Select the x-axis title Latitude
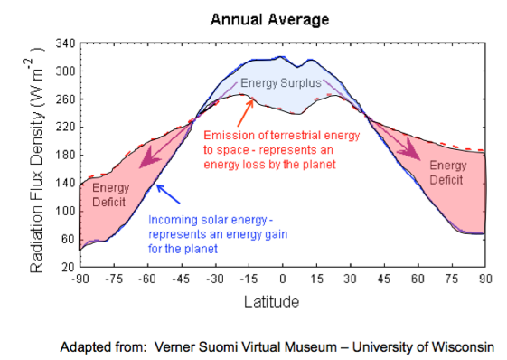(282, 300)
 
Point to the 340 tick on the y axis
(64, 43)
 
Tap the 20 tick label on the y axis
(67, 268)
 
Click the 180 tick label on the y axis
(64, 155)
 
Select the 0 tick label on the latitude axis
(283, 280)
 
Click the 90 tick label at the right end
(486, 280)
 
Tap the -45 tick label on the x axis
(181, 280)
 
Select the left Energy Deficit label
(111, 194)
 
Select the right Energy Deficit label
(447, 172)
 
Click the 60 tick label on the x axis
(418, 280)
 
